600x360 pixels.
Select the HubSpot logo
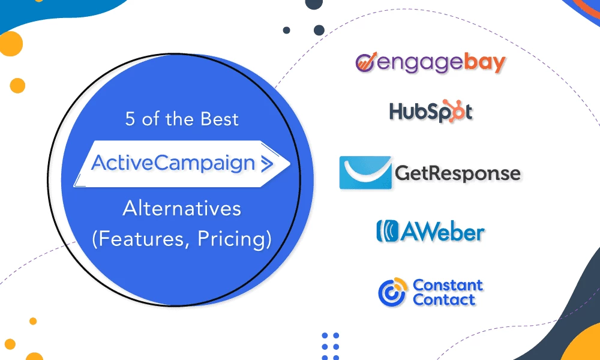coord(430,111)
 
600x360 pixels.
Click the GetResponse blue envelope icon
coord(365,173)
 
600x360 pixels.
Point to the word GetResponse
coord(457,173)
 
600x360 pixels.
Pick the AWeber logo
coord(430,232)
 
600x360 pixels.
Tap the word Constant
coord(448,285)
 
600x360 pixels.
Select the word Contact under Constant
coord(444,299)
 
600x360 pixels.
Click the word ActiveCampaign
coord(173,162)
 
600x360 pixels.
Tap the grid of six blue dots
coord(330,341)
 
